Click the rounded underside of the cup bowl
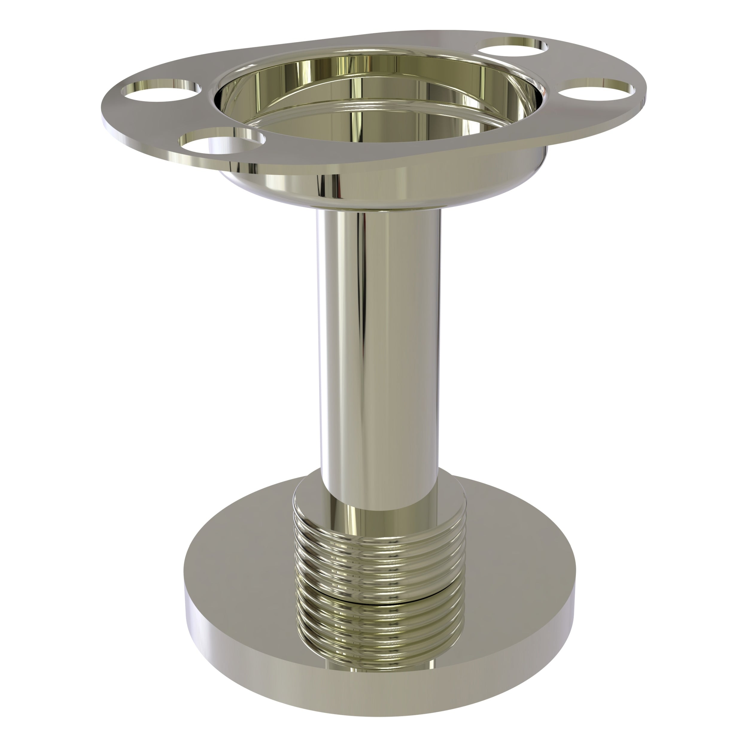(x=379, y=190)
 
